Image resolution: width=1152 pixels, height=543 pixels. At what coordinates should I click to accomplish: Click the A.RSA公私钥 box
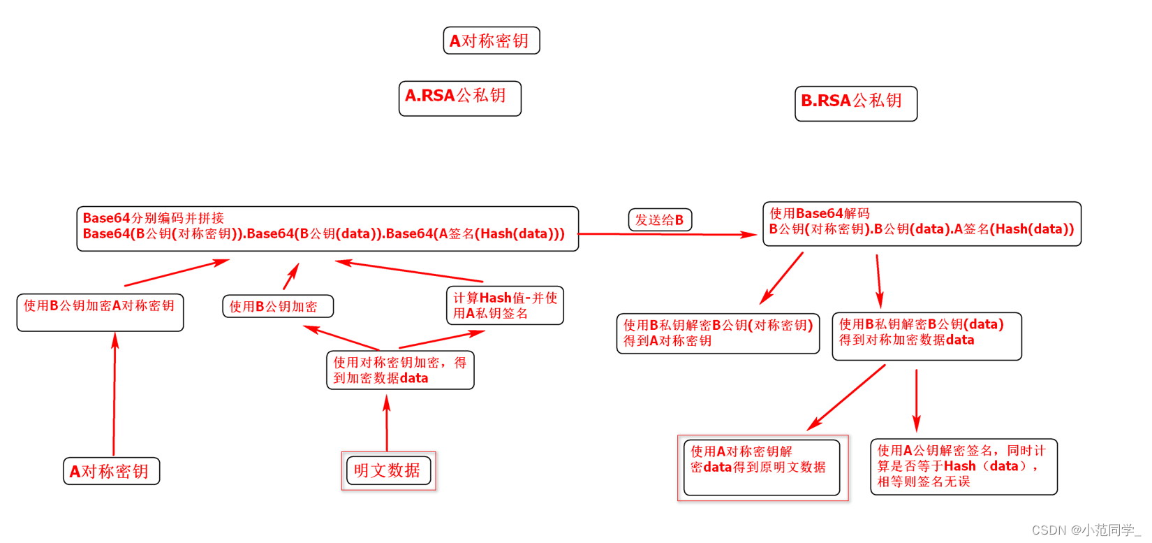coord(459,98)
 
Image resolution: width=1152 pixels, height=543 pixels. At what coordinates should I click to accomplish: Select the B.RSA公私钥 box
coord(855,103)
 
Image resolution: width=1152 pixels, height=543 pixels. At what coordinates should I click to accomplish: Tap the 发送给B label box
coord(660,219)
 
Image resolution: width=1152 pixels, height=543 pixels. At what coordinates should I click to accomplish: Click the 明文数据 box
coord(388,470)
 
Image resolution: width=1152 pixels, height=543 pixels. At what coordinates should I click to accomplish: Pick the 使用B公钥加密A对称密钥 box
coord(100,312)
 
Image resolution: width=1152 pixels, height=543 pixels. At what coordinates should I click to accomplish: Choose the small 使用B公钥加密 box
coord(277,306)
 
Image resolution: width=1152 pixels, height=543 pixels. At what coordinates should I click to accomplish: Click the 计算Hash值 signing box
coord(505,305)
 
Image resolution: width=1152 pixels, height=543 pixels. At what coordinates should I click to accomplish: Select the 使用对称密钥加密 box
coord(400,370)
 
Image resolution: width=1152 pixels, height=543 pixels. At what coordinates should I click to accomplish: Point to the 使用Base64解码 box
coord(922,224)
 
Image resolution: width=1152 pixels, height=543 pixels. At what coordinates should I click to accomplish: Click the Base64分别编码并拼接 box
coord(327,228)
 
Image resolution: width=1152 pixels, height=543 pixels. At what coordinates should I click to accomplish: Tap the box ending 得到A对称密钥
coord(718,333)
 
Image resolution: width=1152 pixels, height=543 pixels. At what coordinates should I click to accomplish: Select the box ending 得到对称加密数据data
coord(926,335)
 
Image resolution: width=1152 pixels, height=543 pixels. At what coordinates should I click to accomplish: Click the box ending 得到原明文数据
coord(762,467)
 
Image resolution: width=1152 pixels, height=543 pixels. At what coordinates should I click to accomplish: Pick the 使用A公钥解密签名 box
coord(963,466)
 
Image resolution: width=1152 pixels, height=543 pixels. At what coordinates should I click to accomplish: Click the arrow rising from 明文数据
coord(387,423)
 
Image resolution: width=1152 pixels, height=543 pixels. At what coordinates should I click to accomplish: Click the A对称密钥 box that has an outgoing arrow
coord(112,471)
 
